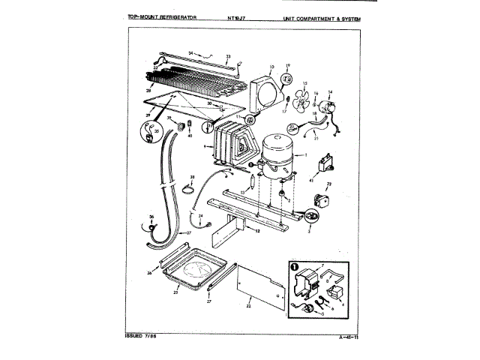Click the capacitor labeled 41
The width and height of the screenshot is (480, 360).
328,160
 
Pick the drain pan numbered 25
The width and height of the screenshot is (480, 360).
194,271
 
